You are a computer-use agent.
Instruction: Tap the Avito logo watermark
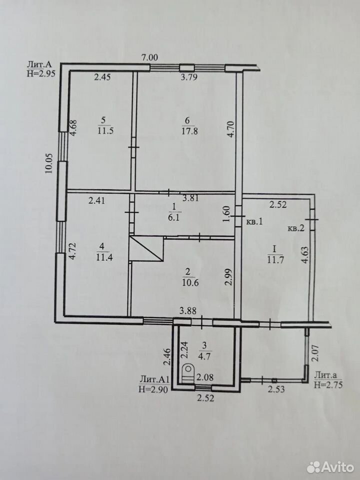330,467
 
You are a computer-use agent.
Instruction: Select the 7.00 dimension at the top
149,57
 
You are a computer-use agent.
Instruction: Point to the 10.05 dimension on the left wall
49,163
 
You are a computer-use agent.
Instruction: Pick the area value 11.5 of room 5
105,131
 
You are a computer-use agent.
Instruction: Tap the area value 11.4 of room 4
104,256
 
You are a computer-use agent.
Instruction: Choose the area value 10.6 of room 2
190,282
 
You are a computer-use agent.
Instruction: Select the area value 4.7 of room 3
204,356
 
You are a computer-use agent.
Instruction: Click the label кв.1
254,221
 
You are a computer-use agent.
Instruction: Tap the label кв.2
295,228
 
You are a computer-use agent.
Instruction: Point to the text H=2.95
41,74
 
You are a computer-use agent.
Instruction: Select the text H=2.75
328,384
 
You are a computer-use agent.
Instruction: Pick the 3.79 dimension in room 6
189,77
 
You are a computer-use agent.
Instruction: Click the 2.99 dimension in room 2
228,277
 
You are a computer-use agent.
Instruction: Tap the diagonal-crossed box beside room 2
145,248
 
